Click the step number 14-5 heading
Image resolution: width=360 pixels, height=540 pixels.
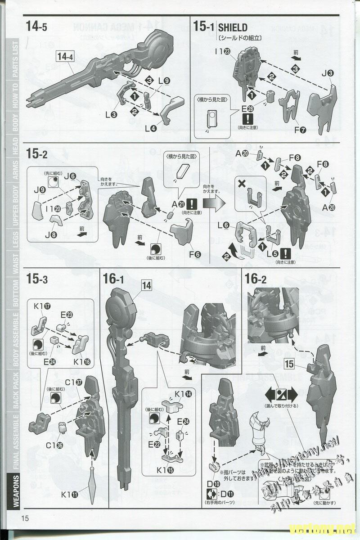click(36, 27)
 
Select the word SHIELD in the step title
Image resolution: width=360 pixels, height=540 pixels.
click(233, 28)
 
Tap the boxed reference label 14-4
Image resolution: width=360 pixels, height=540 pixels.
click(65, 56)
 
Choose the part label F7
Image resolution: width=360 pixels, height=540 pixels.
click(297, 130)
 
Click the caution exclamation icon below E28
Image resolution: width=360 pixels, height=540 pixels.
click(248, 119)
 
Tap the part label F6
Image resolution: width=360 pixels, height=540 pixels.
click(195, 254)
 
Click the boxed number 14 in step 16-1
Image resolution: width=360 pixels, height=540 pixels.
click(147, 285)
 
